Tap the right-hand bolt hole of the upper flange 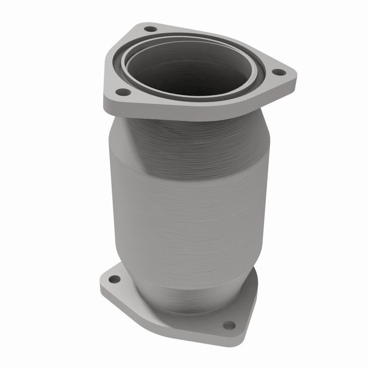(x=277, y=72)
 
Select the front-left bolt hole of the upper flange (x=121, y=92)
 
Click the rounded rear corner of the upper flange (x=147, y=24)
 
